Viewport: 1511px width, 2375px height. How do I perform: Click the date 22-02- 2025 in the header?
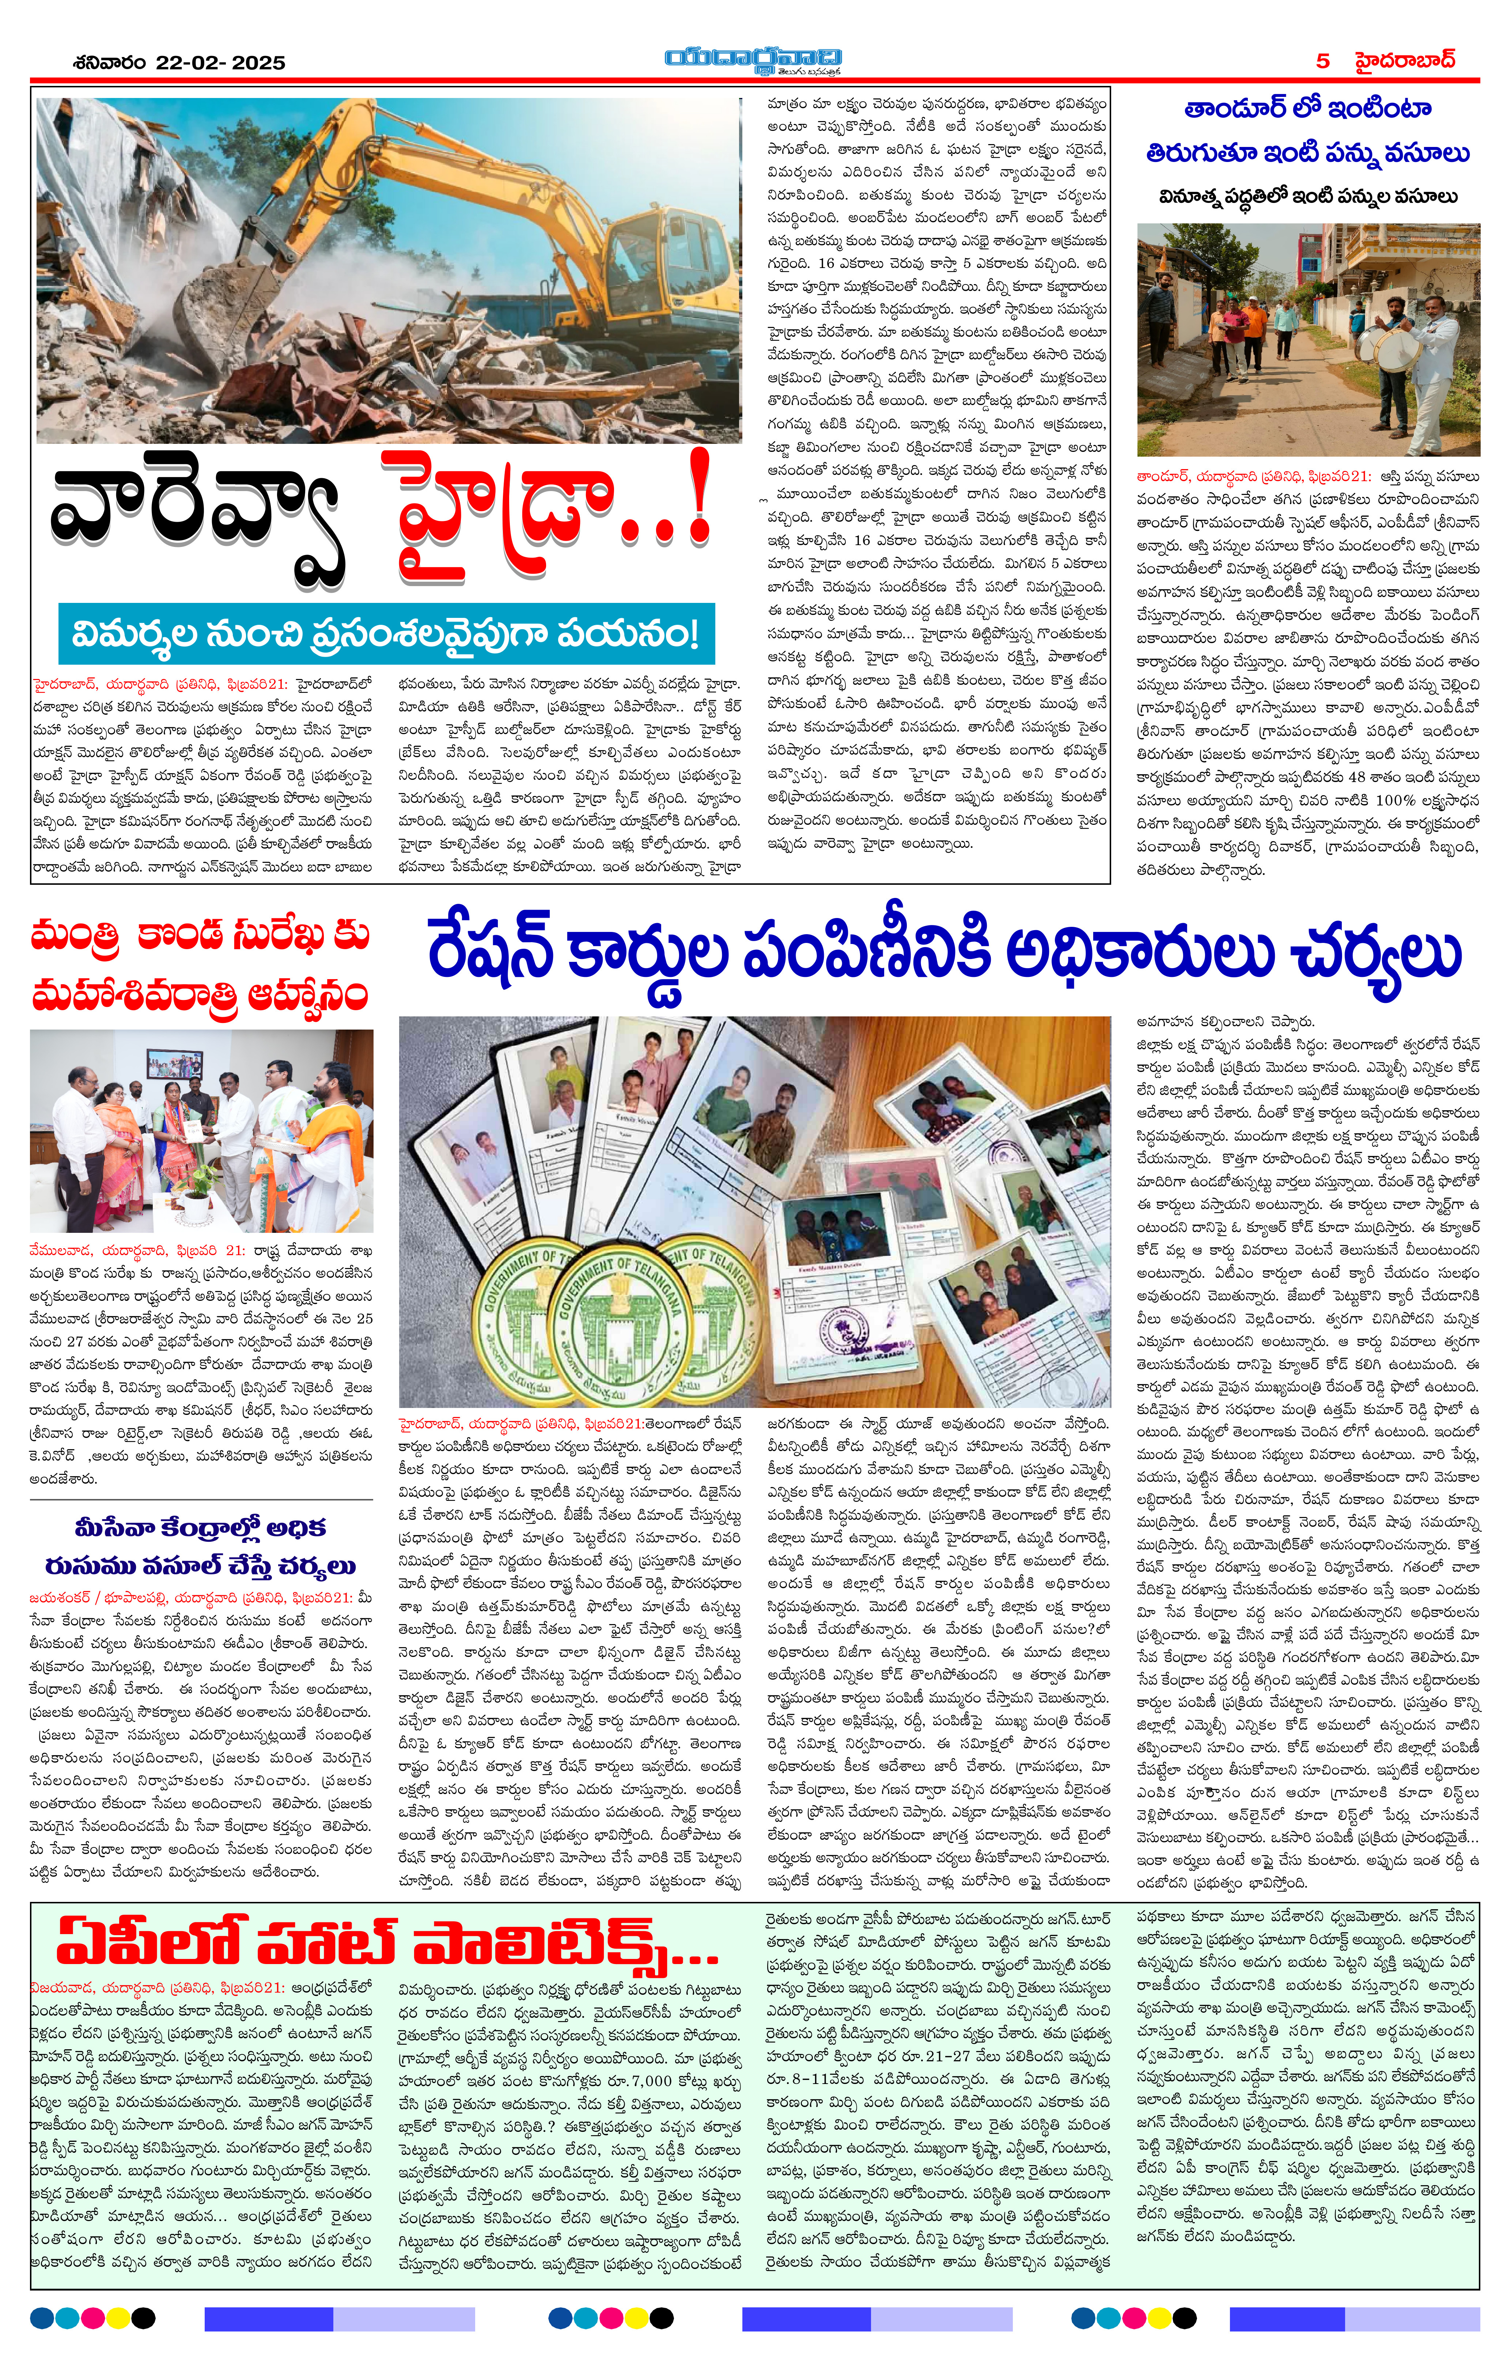(220, 62)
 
